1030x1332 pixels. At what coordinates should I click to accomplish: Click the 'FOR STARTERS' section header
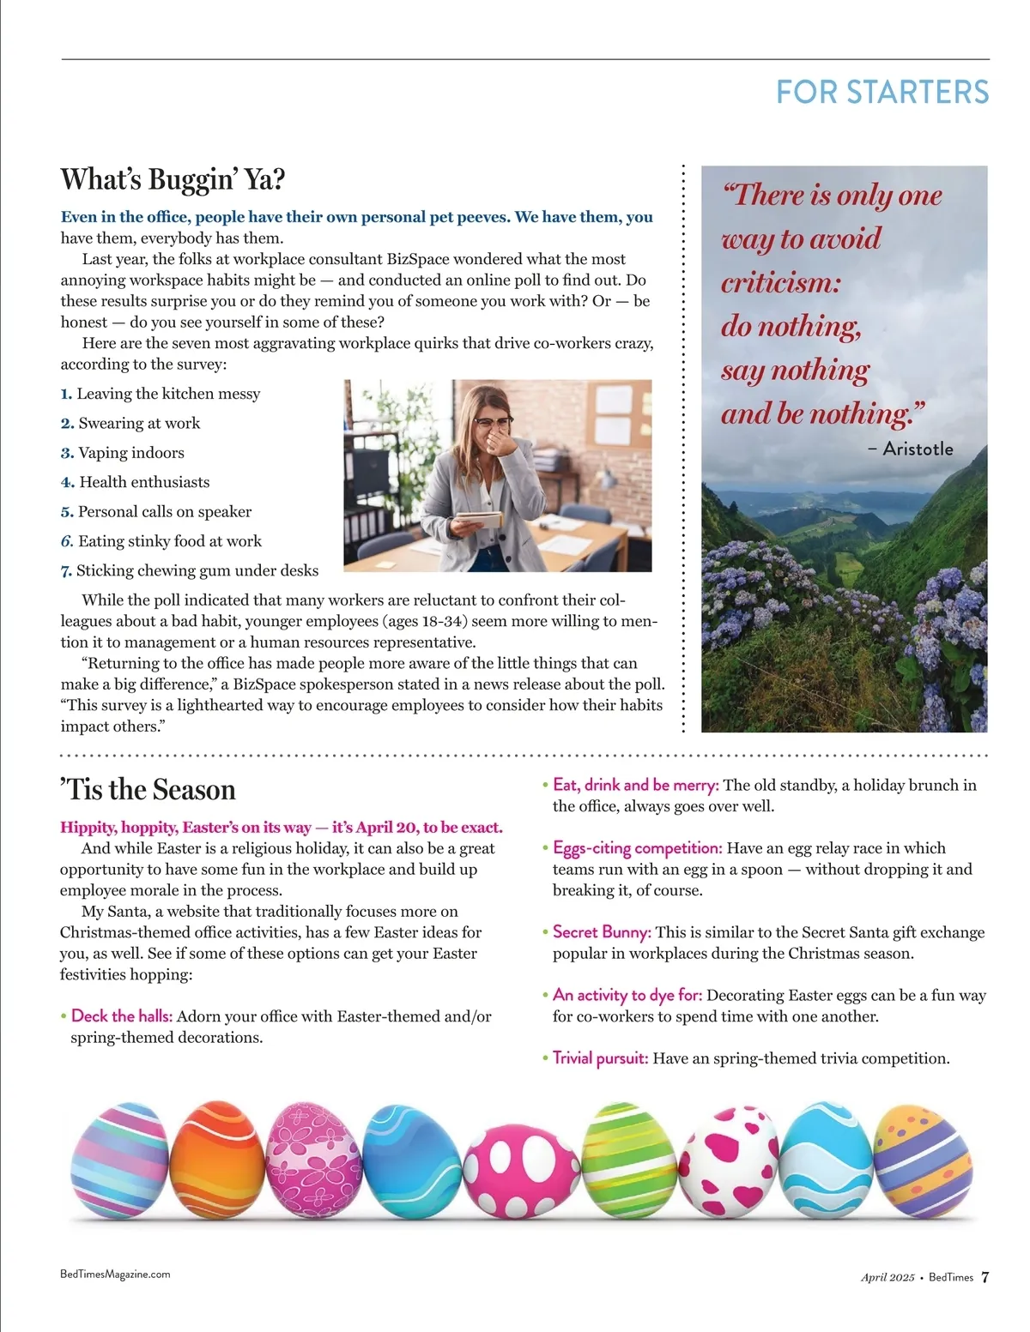[882, 93]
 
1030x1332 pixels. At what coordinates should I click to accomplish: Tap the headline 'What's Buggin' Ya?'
[173, 180]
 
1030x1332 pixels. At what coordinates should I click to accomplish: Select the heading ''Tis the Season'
[148, 789]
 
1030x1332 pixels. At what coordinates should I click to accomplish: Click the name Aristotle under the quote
[917, 449]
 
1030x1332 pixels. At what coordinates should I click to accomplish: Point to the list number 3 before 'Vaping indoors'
[67, 453]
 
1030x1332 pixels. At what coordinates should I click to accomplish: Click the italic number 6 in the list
[67, 541]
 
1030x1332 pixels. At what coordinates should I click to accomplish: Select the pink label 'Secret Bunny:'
[602, 932]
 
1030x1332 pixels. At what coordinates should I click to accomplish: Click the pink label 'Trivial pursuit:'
[600, 1058]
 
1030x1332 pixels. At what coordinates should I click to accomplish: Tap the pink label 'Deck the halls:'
[122, 1016]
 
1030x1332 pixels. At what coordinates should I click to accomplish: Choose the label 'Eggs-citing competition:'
[637, 848]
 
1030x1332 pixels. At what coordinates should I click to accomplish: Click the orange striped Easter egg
[217, 1160]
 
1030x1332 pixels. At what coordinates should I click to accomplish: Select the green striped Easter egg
[629, 1160]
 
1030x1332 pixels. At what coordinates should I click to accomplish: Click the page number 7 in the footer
[985, 1277]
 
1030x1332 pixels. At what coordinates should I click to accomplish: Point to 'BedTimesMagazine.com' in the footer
[115, 1275]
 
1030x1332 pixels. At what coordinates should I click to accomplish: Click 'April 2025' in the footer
[888, 1277]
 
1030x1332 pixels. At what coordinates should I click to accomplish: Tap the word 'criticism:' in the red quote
[780, 282]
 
